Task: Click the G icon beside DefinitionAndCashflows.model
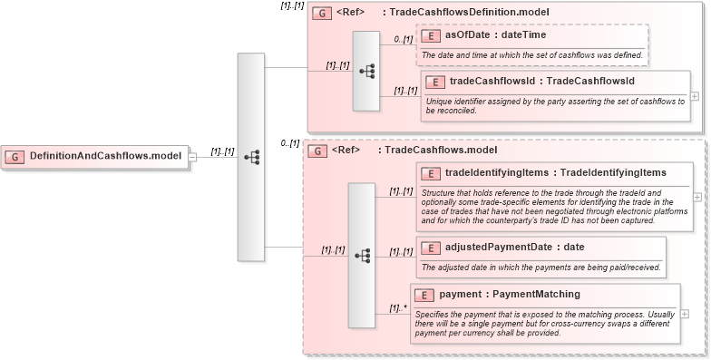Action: tap(15, 156)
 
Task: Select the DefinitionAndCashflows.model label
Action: tap(105, 156)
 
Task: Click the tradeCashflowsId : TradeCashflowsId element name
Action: tap(541, 82)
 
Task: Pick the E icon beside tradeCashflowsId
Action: tap(436, 82)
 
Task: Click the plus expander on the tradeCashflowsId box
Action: tap(695, 95)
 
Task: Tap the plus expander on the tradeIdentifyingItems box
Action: tap(696, 195)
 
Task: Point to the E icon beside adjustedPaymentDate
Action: tap(432, 247)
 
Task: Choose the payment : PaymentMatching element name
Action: tap(509, 295)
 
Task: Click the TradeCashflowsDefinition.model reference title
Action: tap(465, 13)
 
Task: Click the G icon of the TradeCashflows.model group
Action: tap(317, 150)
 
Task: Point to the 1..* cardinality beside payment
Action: tap(396, 308)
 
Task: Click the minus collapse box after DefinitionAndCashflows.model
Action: tap(192, 156)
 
